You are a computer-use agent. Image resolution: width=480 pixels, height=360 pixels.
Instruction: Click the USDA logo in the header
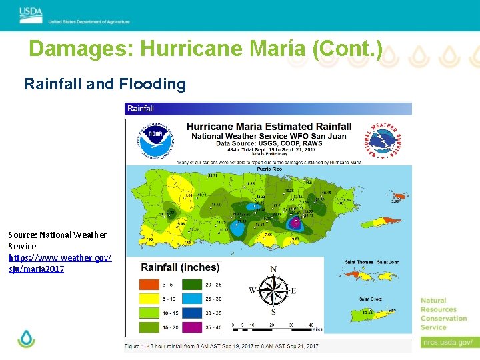pos(31,13)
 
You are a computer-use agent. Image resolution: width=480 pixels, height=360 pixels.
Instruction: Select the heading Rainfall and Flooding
pos(105,84)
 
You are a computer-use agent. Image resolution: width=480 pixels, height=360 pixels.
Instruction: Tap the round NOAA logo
pos(154,139)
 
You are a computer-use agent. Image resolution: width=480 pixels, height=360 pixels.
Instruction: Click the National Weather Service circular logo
pos(385,140)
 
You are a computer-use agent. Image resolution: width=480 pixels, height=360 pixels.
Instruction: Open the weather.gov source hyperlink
pos(60,263)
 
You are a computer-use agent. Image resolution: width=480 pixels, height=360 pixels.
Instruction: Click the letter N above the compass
pos(273,270)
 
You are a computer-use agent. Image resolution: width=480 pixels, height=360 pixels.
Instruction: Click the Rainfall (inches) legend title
pos(180,267)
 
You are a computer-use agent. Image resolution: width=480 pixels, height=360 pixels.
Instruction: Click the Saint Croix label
pos(370,299)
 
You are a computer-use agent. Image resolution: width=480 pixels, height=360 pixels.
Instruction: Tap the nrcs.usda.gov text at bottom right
pos(447,342)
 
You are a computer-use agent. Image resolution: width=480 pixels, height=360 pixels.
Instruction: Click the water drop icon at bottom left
pos(26,339)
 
